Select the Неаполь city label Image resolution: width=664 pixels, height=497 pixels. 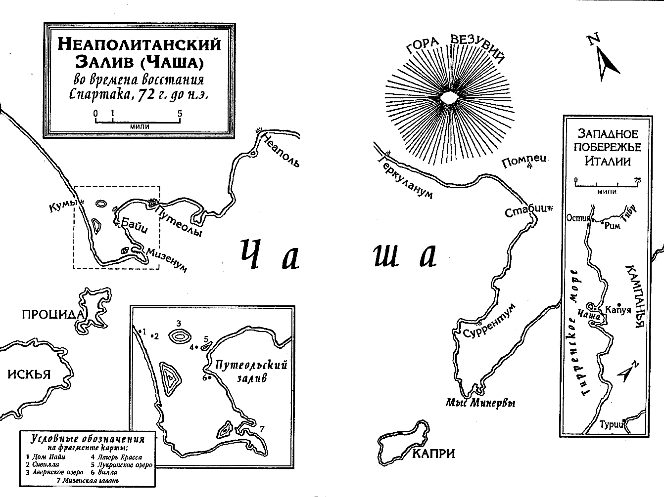(280, 150)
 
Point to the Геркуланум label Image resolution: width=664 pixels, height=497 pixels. (405, 177)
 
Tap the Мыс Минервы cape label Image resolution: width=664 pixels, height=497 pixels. (480, 403)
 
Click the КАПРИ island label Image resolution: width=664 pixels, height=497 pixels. (434, 453)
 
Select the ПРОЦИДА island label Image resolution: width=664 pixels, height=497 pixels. (52, 315)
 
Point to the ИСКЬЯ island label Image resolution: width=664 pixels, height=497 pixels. (29, 374)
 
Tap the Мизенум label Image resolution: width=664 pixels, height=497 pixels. (167, 260)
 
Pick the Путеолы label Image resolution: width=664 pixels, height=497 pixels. (179, 221)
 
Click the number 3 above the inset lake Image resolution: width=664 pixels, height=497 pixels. (179, 324)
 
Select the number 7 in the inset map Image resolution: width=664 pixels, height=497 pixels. (262, 428)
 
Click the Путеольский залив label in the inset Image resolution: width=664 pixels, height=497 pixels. (251, 371)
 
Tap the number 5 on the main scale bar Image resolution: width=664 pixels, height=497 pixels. (180, 113)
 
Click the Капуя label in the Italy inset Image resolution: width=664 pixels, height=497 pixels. (617, 310)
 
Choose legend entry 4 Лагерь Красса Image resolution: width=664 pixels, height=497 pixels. (116, 457)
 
